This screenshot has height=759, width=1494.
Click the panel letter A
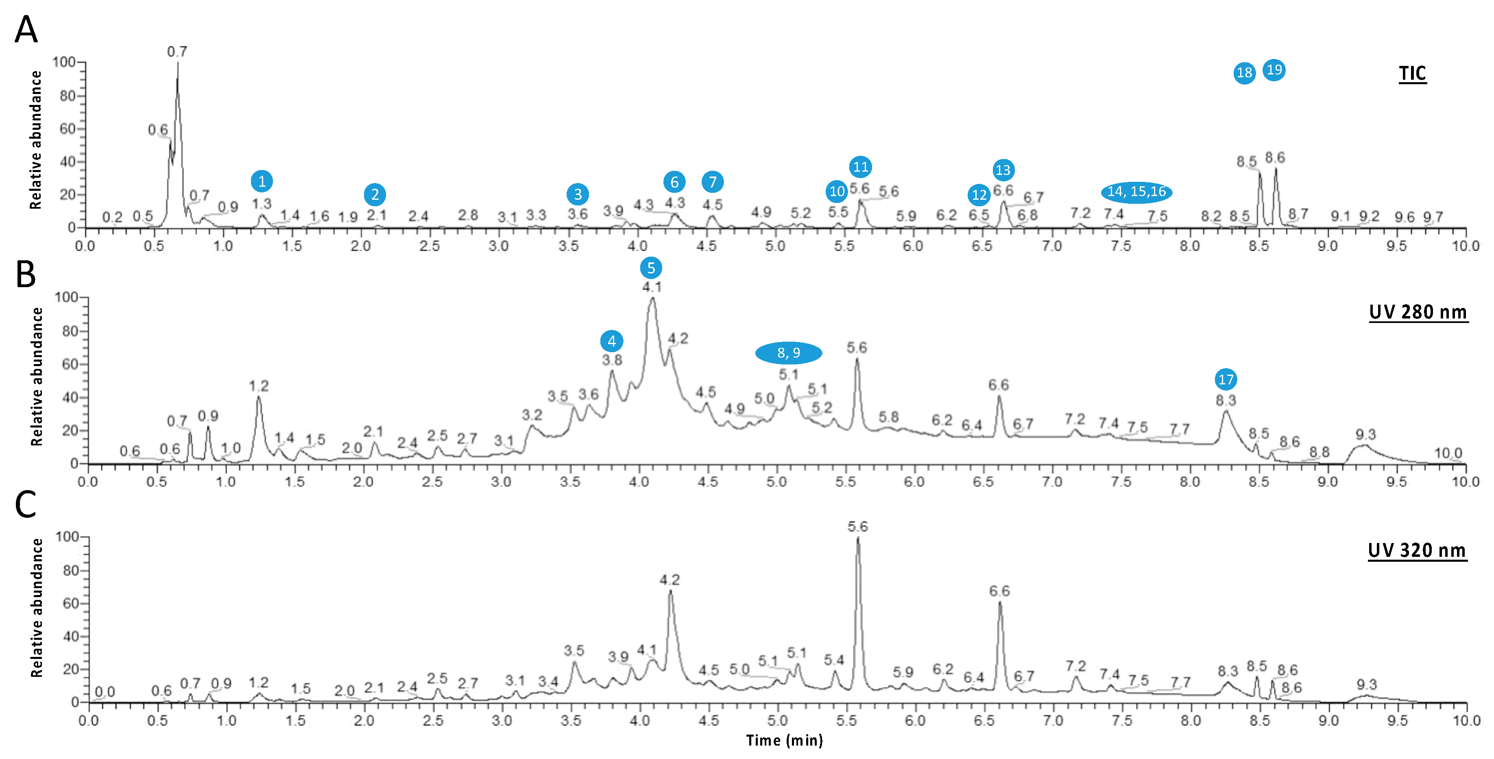(x=26, y=30)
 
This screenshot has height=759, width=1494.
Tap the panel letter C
(x=26, y=504)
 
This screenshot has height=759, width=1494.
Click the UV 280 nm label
(x=1418, y=312)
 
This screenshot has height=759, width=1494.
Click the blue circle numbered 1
(x=262, y=181)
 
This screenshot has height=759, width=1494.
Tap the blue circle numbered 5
(x=651, y=268)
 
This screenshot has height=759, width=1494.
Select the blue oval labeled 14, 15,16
(x=1136, y=192)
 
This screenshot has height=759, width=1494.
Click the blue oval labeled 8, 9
(x=788, y=353)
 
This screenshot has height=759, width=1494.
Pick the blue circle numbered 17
(x=1226, y=380)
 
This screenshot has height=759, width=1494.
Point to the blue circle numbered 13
(x=1003, y=170)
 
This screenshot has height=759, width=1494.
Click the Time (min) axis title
(x=784, y=740)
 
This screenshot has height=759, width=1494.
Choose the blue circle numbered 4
(x=611, y=342)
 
